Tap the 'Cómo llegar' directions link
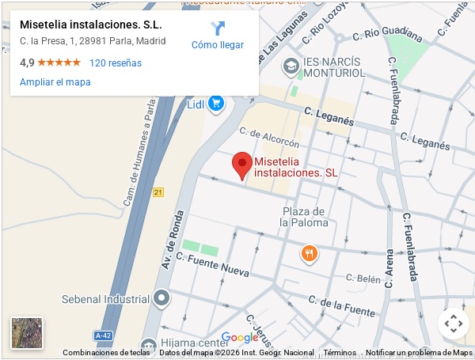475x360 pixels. [x=218, y=36]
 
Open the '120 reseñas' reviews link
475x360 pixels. [x=116, y=63]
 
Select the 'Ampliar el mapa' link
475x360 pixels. [x=55, y=81]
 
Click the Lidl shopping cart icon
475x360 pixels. [x=216, y=103]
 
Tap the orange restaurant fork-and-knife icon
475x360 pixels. [x=309, y=254]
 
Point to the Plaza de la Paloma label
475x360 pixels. [x=304, y=217]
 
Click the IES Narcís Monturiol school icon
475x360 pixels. [x=291, y=66]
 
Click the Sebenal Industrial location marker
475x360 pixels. [x=162, y=299]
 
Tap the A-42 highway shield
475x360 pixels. [x=104, y=335]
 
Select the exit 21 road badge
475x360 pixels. [x=158, y=192]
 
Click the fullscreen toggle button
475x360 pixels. [x=453, y=323]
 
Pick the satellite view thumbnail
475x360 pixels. [x=27, y=333]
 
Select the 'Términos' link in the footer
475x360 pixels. [x=340, y=353]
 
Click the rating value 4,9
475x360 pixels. [x=27, y=63]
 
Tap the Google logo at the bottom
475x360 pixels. [x=240, y=338]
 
